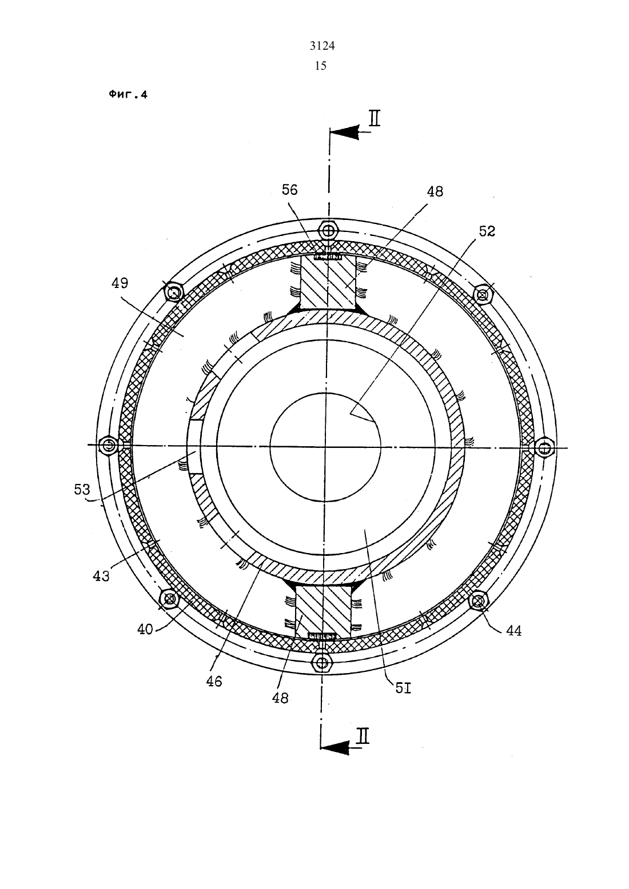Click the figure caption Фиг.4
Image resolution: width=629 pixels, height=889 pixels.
(x=128, y=95)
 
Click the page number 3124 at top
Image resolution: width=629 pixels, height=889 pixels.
(x=322, y=46)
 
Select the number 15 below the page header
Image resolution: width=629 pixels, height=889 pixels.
(x=320, y=66)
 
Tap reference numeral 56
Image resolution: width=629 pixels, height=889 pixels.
(x=289, y=190)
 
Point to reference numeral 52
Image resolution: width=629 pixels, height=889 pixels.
(x=487, y=231)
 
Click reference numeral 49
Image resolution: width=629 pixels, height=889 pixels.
(x=120, y=283)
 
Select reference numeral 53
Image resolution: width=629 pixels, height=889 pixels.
(x=82, y=490)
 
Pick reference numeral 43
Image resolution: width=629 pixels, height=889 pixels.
(x=101, y=576)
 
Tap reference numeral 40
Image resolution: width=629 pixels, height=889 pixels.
(x=145, y=630)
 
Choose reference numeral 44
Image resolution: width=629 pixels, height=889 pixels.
(x=513, y=630)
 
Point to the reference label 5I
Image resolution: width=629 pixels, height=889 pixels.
(x=403, y=687)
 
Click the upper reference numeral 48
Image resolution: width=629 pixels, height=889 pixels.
(x=435, y=192)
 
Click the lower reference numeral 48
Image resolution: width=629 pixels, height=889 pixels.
(x=280, y=698)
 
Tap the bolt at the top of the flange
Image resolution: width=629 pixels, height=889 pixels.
(x=328, y=230)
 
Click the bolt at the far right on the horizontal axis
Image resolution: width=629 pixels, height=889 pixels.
(x=545, y=448)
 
